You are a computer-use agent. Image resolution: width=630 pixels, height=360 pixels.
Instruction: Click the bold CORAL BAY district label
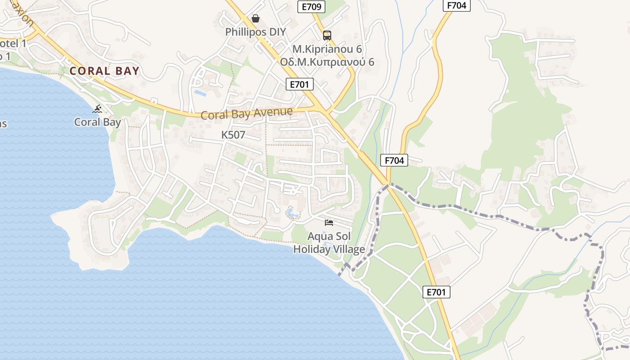(104, 71)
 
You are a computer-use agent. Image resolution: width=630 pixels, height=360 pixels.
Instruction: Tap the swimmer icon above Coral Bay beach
(97, 109)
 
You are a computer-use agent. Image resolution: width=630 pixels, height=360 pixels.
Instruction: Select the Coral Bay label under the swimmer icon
(97, 122)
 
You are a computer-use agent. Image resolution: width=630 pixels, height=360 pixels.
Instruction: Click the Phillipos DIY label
(255, 32)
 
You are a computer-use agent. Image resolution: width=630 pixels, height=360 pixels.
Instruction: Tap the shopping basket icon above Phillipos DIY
(256, 18)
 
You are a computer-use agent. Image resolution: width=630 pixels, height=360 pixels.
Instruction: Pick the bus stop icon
(327, 36)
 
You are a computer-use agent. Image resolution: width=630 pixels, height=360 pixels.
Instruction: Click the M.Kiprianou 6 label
(327, 49)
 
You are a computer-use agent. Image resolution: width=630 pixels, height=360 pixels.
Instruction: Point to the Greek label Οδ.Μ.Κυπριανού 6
(327, 62)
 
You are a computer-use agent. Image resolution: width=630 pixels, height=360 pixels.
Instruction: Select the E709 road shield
(311, 6)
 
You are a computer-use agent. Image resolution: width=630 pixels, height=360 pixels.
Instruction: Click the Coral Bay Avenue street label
(247, 113)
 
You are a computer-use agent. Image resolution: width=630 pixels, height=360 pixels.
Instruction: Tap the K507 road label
(233, 135)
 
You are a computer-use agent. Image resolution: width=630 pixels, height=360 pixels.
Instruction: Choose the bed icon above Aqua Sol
(329, 223)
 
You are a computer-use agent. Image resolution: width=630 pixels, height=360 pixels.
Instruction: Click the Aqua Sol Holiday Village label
(329, 243)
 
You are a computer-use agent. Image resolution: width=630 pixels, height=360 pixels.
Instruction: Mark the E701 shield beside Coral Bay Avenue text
(300, 84)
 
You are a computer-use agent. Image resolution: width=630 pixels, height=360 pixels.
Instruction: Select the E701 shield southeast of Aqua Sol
(436, 292)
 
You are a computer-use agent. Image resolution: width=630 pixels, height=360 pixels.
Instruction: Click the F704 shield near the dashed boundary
(394, 160)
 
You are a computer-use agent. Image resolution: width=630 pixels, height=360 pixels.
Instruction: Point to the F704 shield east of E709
(457, 6)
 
